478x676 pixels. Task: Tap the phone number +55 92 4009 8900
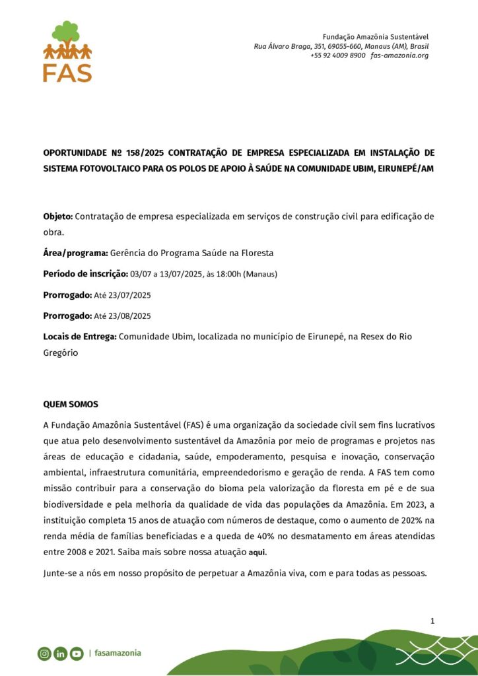tap(337, 55)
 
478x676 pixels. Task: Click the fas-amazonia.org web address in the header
tap(399, 55)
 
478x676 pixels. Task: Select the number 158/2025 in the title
tap(153, 153)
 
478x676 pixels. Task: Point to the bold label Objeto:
tap(58, 216)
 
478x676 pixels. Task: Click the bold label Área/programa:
tap(75, 253)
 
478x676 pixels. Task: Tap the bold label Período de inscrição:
tap(86, 274)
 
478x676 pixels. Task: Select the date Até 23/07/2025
tap(123, 295)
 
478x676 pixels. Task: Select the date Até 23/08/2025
tap(123, 316)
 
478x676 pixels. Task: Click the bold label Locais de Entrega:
tap(80, 337)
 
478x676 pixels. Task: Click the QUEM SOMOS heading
tap(71, 403)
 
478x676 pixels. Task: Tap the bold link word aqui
tap(257, 552)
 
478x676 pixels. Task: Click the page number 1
tap(432, 621)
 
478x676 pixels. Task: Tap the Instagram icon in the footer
tap(44, 654)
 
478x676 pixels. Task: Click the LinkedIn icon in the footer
tap(61, 654)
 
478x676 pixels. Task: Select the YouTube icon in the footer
tap(77, 654)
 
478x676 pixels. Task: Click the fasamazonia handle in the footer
tap(118, 654)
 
